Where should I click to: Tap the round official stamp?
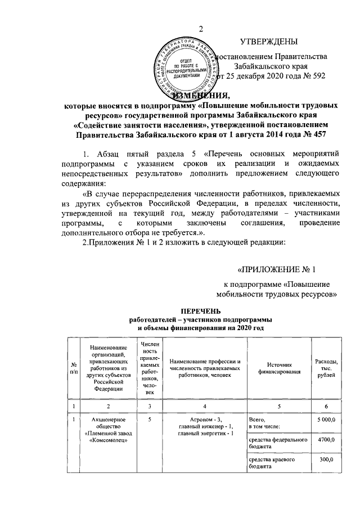[x=189, y=67]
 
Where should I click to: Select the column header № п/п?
[x=73, y=368]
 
